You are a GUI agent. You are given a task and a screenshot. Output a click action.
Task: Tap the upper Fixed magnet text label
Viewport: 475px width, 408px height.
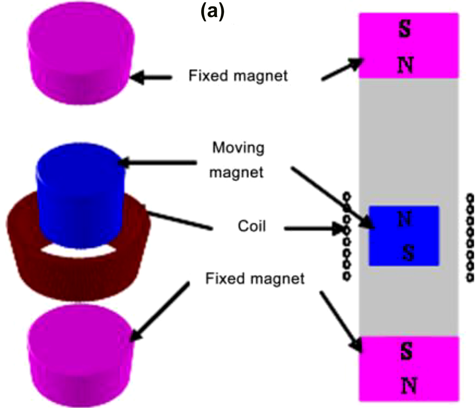point(238,76)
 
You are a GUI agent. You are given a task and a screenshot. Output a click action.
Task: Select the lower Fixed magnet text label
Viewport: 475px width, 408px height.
point(255,279)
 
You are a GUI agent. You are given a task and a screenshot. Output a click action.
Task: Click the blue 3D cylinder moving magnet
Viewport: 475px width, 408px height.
point(78,196)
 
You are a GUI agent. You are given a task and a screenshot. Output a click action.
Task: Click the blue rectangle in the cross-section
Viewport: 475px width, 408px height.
point(404,236)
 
